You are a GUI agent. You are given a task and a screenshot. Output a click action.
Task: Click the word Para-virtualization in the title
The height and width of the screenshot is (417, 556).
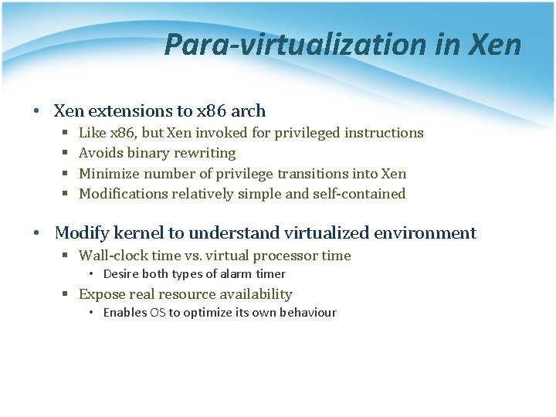coord(294,45)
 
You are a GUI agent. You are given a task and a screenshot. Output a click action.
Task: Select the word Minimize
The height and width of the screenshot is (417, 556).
coord(109,174)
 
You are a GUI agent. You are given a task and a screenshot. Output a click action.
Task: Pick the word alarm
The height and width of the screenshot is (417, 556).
coord(228,274)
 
